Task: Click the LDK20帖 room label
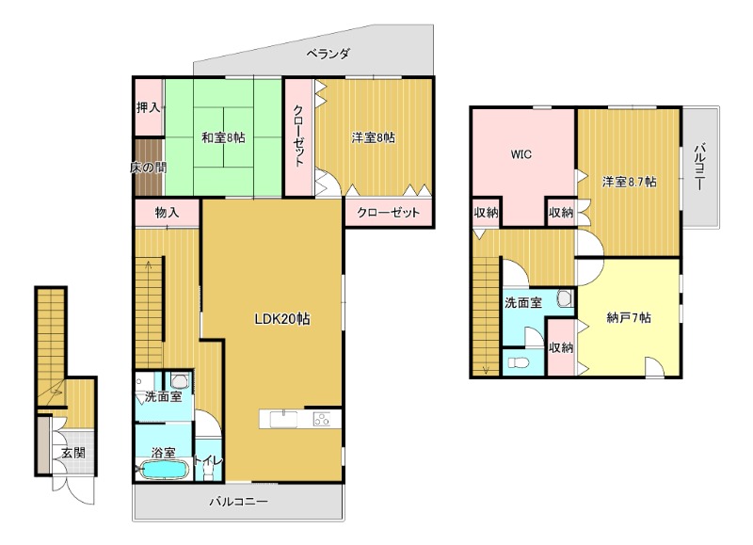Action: [281, 319]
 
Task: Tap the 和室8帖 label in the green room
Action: [223, 137]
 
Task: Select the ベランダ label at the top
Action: [328, 54]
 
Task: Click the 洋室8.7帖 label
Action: [629, 182]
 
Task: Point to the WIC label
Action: [521, 154]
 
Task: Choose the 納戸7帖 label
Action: [629, 317]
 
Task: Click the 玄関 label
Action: [73, 453]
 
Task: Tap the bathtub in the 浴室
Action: [163, 469]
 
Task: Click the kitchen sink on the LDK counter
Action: [283, 419]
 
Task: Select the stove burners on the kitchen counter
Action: [322, 419]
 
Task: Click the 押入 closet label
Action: [148, 107]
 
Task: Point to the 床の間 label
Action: [149, 168]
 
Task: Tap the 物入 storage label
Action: [167, 212]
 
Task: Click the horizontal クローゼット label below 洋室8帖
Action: [388, 212]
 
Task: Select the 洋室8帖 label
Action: [374, 137]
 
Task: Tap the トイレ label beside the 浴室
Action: [208, 460]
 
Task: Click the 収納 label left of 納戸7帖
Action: [561, 346]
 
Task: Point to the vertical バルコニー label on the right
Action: [699, 166]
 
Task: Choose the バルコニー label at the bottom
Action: [238, 503]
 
